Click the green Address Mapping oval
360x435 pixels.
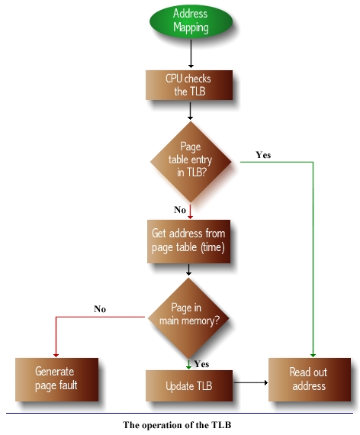pos(191,21)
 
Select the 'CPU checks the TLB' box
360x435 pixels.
pos(189,85)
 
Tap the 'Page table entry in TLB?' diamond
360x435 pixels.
pos(191,162)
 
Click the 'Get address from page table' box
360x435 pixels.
pos(188,241)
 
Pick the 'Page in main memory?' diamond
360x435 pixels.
pos(188,318)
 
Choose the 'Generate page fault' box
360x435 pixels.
pos(57,379)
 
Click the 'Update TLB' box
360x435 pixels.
pos(189,385)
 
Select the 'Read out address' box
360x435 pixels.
pos(310,379)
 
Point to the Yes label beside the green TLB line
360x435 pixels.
pos(263,155)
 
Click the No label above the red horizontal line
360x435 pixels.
pos(100,309)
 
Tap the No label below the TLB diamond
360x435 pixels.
pos(180,210)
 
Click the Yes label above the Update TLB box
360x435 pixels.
pos(201,364)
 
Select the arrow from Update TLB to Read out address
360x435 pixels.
pos(251,383)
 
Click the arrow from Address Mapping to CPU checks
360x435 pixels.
pos(191,53)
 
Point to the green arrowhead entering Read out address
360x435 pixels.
pos(313,356)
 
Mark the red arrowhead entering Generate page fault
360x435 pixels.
pos(56,356)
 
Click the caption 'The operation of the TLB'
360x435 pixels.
pos(177,425)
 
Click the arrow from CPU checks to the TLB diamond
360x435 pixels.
pos(190,111)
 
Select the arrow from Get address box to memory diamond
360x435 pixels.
pos(188,269)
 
